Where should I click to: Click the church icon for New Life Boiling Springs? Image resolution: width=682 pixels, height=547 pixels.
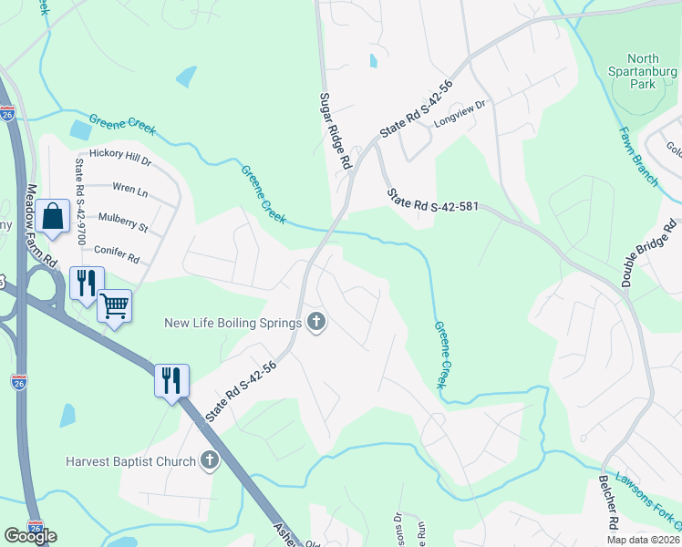click(x=316, y=322)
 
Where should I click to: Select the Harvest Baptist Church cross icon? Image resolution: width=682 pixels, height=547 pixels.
click(x=210, y=460)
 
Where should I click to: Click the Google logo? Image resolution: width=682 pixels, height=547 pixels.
click(x=30, y=535)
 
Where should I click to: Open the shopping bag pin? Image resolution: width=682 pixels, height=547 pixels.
click(x=54, y=217)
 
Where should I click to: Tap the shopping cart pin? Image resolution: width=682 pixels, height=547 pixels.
click(x=114, y=305)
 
